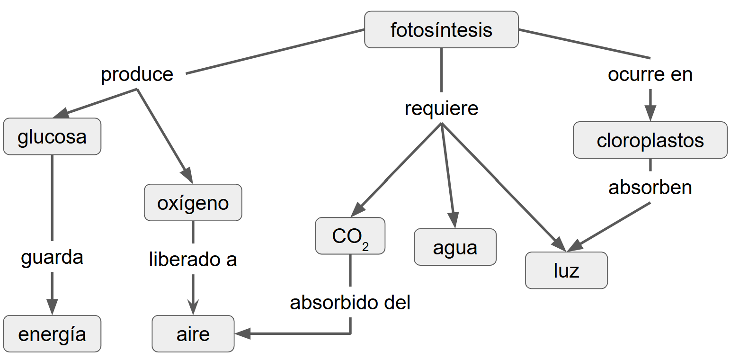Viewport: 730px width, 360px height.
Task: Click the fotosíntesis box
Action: [x=441, y=30]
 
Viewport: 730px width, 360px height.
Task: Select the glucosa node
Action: [x=52, y=136]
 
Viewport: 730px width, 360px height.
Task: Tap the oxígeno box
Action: [x=193, y=203]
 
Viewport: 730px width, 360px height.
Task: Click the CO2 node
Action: [x=350, y=236]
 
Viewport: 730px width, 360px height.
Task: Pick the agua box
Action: [x=455, y=247]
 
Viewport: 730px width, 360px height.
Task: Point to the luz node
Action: [x=566, y=270]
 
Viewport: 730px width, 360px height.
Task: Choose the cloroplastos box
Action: [x=650, y=140]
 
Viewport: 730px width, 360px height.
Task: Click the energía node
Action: [x=52, y=334]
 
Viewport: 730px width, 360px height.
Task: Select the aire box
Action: [x=193, y=334]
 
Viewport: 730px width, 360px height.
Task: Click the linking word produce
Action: [x=137, y=74]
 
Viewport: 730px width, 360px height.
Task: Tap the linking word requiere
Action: [x=441, y=108]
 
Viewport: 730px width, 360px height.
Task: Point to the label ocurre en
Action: [x=650, y=74]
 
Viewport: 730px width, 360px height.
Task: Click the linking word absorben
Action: [x=650, y=188]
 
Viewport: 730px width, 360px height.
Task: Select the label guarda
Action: [x=52, y=257]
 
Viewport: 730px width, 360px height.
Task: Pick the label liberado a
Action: [x=193, y=260]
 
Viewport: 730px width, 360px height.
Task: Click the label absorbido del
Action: [x=350, y=303]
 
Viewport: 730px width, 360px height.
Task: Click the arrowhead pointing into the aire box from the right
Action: [x=242, y=334]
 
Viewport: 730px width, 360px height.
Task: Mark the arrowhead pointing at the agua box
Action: [x=454, y=221]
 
